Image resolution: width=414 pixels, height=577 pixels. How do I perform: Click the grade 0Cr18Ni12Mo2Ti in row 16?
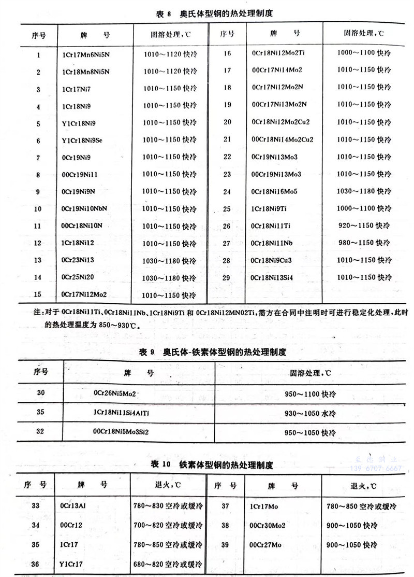click(278, 53)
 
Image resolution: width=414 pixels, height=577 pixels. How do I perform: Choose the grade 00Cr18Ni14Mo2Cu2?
click(283, 139)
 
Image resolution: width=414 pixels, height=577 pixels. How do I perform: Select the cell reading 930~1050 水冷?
click(310, 413)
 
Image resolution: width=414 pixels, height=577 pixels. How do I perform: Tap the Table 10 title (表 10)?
click(213, 464)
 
